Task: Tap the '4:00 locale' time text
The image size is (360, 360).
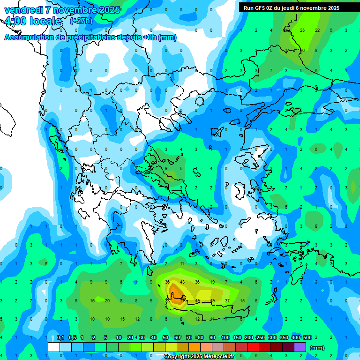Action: pos(32,21)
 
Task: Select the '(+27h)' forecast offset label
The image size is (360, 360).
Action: pos(81,21)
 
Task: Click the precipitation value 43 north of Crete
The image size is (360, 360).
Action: pos(182,282)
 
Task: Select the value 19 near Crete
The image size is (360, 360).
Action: pos(212,282)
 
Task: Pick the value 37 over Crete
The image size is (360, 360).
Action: pos(227,300)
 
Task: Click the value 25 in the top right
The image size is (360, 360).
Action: pos(302,30)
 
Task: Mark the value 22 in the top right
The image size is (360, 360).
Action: pos(317,30)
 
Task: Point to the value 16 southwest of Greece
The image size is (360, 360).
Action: pos(92,300)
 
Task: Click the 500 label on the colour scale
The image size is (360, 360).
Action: pos(307,337)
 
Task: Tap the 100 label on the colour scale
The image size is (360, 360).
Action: pos(225,337)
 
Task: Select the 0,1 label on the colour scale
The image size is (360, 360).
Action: pos(60,337)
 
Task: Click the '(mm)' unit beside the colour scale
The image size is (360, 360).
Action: pos(317,348)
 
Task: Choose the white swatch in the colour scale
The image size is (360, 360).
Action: pos(54,347)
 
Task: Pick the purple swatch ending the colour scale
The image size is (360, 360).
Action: pos(300,347)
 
